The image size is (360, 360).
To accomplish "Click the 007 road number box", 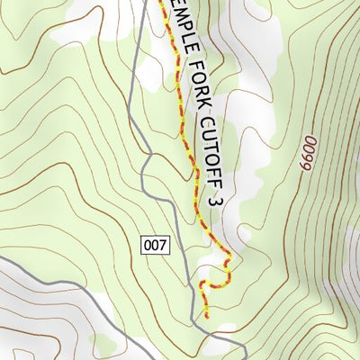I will [155, 244].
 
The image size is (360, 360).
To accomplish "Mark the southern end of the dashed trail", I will [206, 317].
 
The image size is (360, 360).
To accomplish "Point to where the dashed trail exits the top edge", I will [164, 1].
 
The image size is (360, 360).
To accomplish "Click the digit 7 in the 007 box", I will [163, 244].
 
